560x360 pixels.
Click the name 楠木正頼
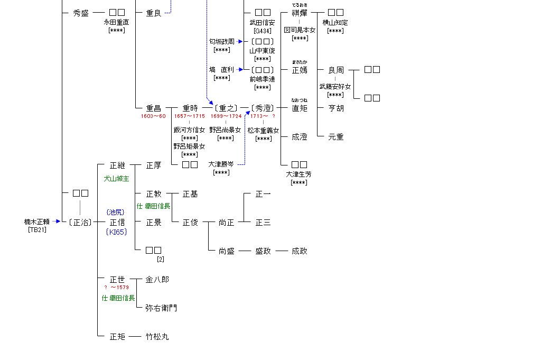pyautogui.click(x=37, y=222)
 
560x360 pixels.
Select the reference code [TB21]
pyautogui.click(x=37, y=229)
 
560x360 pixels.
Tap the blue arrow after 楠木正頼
pyautogui.click(x=57, y=222)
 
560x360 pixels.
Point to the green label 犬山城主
pyautogui.click(x=117, y=179)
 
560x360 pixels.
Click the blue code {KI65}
pyautogui.click(x=117, y=232)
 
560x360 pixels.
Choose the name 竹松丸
pyautogui.click(x=157, y=336)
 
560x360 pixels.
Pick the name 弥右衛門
pyautogui.click(x=161, y=308)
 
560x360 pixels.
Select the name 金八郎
pyautogui.click(x=157, y=279)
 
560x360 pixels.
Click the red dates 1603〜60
pyautogui.click(x=153, y=116)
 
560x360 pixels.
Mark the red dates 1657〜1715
pyautogui.click(x=190, y=116)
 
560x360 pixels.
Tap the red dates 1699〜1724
pyautogui.click(x=226, y=116)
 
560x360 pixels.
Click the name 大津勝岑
pyautogui.click(x=221, y=164)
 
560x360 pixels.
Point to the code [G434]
pyautogui.click(x=263, y=31)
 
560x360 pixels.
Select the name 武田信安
pyautogui.click(x=263, y=23)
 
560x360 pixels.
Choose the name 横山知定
pyautogui.click(x=335, y=23)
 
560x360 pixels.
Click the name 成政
pyautogui.click(x=300, y=251)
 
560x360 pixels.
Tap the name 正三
pyautogui.click(x=263, y=223)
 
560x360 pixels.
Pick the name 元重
pyautogui.click(x=336, y=137)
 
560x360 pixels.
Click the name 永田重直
pyautogui.click(x=117, y=23)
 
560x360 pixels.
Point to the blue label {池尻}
pyautogui.click(x=117, y=212)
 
